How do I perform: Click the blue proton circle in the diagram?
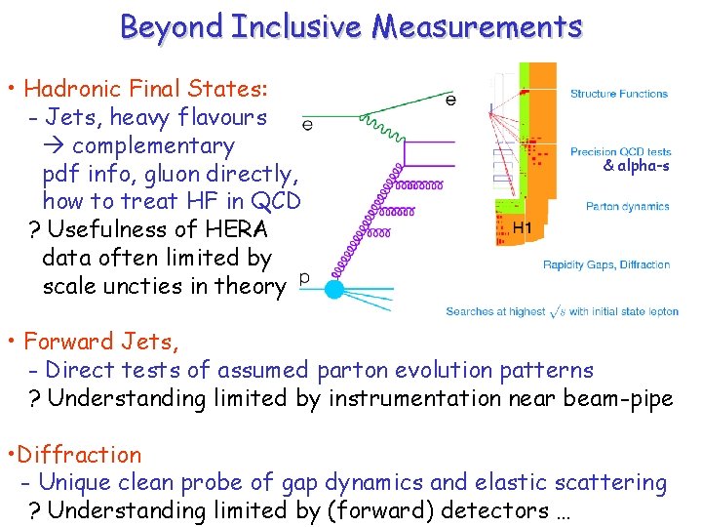[x=333, y=289]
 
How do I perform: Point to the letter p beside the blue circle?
[x=303, y=279]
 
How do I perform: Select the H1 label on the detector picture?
[x=523, y=227]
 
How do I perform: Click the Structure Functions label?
[x=619, y=95]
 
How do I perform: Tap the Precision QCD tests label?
[x=621, y=152]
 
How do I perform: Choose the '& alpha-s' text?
[x=636, y=166]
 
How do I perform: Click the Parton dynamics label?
[x=628, y=207]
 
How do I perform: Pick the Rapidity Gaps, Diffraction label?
[x=606, y=264]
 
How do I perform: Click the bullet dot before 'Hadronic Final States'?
[x=10, y=91]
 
